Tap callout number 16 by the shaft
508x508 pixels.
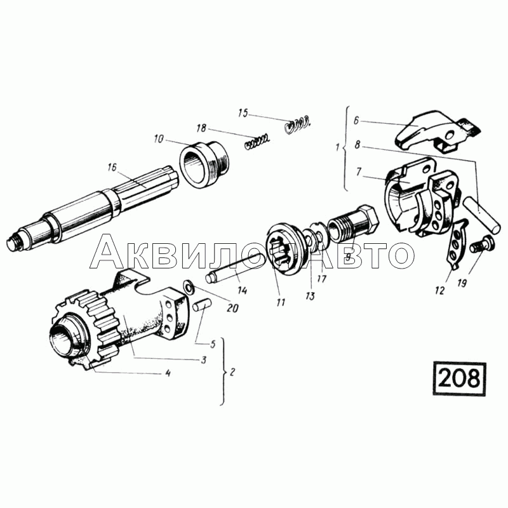(x=112, y=168)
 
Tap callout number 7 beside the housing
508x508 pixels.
(x=359, y=173)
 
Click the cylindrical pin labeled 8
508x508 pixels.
(x=482, y=215)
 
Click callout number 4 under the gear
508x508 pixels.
(x=167, y=373)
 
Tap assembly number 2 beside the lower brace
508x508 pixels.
(x=232, y=372)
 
